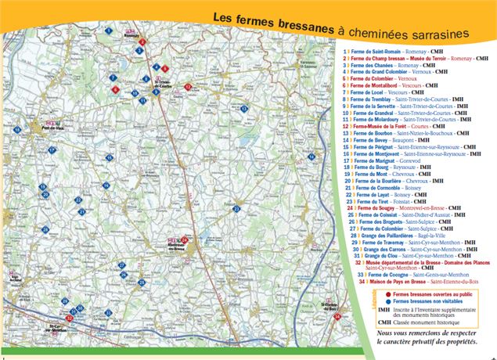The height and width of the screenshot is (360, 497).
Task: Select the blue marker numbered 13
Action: [244, 108]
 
